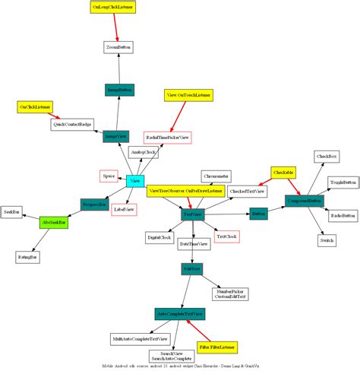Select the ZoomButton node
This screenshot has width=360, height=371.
click(x=119, y=47)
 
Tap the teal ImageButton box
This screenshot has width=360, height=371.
click(x=119, y=90)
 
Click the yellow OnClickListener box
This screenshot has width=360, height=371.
click(x=34, y=107)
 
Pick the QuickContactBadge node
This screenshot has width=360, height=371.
click(x=72, y=123)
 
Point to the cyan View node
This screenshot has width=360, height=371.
click(x=135, y=181)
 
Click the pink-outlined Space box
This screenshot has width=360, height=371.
click(x=109, y=176)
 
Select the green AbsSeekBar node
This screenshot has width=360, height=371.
click(x=54, y=224)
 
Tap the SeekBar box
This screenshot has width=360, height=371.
click(x=11, y=211)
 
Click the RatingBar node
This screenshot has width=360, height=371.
click(x=28, y=258)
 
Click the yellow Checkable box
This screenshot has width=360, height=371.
click(x=283, y=173)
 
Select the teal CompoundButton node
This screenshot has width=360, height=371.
click(x=305, y=201)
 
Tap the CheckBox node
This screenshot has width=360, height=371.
click(x=327, y=156)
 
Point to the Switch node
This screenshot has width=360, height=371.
click(x=327, y=240)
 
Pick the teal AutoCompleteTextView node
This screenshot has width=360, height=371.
click(x=180, y=313)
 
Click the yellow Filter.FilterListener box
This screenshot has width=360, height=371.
click(x=218, y=347)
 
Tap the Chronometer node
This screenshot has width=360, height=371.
click(x=216, y=176)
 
